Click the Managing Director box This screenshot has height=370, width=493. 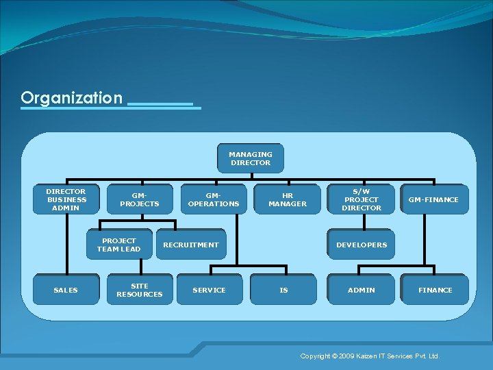point(250,159)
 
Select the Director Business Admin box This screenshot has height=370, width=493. point(66,199)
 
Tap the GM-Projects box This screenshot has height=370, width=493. point(140,199)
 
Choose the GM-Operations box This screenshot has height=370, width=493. point(214,199)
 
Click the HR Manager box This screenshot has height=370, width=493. point(288,199)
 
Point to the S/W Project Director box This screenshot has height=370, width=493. point(362,199)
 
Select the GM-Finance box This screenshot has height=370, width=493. point(434,199)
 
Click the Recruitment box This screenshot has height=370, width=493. point(191,245)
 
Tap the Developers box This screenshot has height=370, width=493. point(362,245)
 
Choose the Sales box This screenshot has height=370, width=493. point(66,290)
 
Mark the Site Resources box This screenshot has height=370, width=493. point(140,290)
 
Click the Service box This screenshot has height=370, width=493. point(210,290)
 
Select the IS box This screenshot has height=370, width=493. point(284,290)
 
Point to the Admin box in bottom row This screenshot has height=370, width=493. point(362,290)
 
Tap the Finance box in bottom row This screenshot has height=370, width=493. point(435,290)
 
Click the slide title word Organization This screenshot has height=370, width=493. point(71,98)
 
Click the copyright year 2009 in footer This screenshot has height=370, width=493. point(348,356)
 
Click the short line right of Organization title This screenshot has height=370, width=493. point(160,103)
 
